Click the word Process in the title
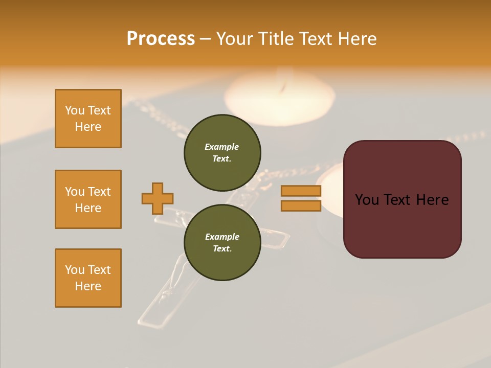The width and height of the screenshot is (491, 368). coord(161,39)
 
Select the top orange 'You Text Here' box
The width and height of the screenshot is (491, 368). coord(88,119)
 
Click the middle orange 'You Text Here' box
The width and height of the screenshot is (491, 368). coord(88,199)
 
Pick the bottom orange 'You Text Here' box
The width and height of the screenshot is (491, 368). coord(88,278)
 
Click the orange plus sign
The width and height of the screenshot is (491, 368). coord(158,198)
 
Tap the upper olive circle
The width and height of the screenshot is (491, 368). coord(222,152)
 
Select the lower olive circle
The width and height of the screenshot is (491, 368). coord(222,242)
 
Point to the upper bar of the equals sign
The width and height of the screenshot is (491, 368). coord(301,191)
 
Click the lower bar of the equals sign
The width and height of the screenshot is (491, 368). coord(301,205)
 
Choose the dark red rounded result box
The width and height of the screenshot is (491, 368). coord(402,225)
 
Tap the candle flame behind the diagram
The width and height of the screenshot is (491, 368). coord(281,87)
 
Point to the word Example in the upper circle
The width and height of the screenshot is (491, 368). coord(221,147)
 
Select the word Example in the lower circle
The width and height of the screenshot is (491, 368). coord(222,237)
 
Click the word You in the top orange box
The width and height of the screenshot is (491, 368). coord(75,110)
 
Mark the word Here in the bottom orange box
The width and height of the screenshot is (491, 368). coord(88,286)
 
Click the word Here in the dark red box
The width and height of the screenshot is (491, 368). coord(432,200)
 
